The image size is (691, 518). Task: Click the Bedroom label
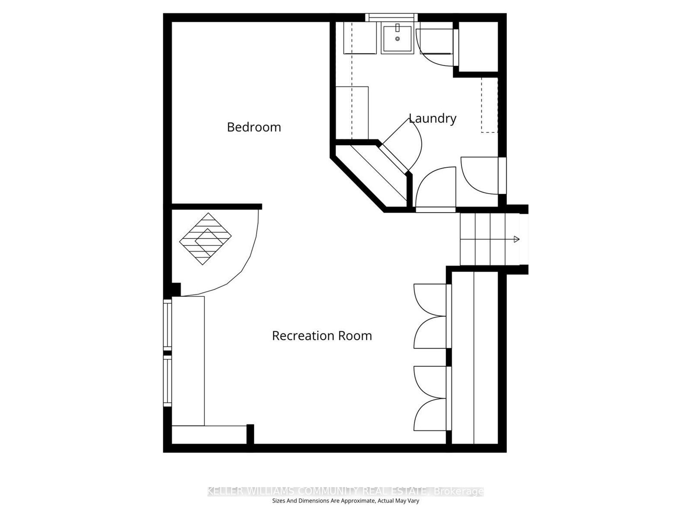[x=254, y=127]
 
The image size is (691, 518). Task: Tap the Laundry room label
[x=432, y=118]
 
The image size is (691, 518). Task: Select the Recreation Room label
[x=322, y=336]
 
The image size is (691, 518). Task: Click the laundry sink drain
[x=397, y=39]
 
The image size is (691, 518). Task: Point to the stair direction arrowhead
[x=516, y=239]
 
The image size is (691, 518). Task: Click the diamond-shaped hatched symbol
[x=205, y=239]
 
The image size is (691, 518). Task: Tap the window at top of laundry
[x=391, y=17]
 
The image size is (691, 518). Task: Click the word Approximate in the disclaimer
[x=358, y=501]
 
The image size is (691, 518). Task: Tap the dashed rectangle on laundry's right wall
[x=489, y=105]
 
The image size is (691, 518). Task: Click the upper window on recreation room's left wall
[x=167, y=324]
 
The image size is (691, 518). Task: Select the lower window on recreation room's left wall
[x=167, y=381]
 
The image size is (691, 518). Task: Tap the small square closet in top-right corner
[x=478, y=47]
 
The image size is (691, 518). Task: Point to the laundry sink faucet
[x=397, y=28]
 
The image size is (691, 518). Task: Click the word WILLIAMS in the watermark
[x=270, y=491]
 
